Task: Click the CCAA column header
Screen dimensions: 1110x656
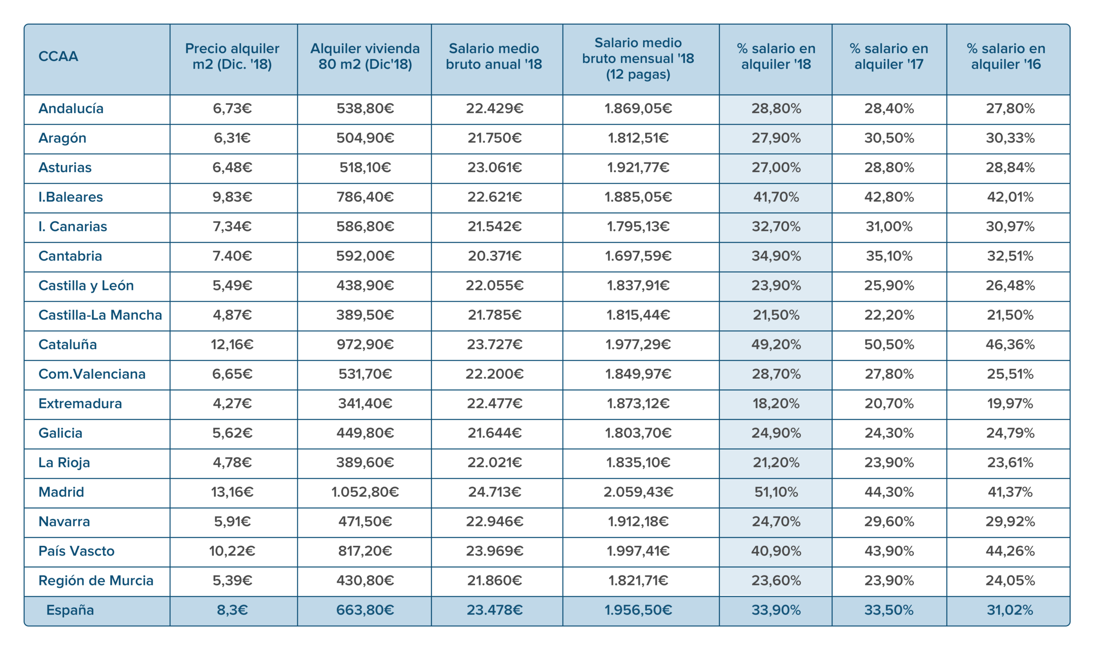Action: [59, 57]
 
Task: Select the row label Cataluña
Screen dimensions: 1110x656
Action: [68, 345]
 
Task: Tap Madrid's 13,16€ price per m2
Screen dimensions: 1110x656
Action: [232, 492]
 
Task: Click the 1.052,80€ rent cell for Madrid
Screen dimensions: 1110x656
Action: [365, 492]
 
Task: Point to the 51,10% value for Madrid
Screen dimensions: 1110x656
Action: [776, 492]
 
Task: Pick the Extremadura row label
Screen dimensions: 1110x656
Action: [80, 403]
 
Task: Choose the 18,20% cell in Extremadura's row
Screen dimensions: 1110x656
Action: [776, 403]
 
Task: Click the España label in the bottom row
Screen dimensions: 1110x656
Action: [70, 610]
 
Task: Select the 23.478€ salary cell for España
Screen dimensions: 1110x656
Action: [495, 610]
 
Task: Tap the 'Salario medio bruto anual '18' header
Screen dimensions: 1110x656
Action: [494, 57]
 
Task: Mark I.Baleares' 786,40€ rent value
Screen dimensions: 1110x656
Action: [365, 197]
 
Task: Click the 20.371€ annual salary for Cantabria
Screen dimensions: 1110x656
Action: [495, 256]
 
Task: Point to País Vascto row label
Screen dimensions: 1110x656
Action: [76, 551]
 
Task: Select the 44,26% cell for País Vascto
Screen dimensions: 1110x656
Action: [1010, 551]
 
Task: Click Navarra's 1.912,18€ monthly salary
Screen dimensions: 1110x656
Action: [638, 522]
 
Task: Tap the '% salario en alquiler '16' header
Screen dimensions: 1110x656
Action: [1006, 57]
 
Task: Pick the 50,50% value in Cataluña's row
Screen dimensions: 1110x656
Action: [889, 345]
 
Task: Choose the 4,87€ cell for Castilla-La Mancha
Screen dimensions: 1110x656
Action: [232, 315]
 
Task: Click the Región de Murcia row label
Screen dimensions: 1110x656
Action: [96, 581]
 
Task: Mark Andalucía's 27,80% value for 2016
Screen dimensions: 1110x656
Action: [1010, 109]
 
